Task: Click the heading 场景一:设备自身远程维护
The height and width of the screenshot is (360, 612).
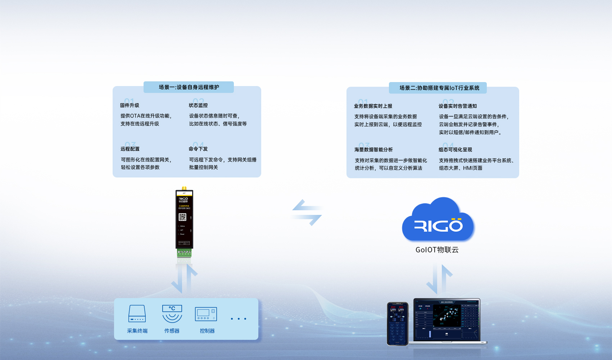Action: [x=189, y=87]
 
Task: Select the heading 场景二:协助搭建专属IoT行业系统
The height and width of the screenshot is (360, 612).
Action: [x=439, y=88]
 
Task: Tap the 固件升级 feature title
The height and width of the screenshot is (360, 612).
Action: [x=130, y=105]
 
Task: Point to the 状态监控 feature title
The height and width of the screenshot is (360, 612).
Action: [x=198, y=105]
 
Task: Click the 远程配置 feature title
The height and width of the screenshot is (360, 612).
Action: [x=130, y=149]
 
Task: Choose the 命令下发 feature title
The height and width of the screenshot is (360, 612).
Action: [x=198, y=149]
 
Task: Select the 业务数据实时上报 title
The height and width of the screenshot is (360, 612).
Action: [x=373, y=106]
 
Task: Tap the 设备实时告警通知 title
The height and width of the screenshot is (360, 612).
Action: [x=458, y=106]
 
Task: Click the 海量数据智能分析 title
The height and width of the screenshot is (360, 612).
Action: [x=373, y=150]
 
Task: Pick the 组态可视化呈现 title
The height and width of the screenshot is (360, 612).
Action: [x=455, y=150]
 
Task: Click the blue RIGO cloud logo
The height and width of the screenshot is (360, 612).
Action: [x=438, y=220]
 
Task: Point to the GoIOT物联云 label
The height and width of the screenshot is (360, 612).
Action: [x=437, y=250]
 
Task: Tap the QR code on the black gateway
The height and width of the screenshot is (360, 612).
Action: [x=182, y=217]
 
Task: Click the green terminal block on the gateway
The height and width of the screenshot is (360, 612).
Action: [x=184, y=253]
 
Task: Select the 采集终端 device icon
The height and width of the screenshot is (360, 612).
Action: [x=137, y=314]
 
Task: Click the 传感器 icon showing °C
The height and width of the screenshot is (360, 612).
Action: [x=172, y=314]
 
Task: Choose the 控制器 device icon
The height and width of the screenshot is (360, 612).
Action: [x=206, y=314]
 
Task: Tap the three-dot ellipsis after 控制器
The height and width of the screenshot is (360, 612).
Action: [x=239, y=319]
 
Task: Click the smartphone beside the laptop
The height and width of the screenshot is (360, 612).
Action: [x=398, y=323]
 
